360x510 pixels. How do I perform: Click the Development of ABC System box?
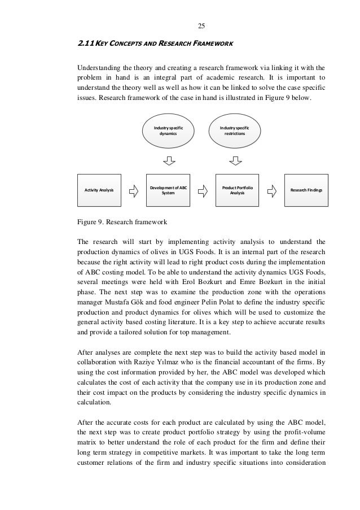coord(168,190)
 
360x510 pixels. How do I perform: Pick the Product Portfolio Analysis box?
coord(238,190)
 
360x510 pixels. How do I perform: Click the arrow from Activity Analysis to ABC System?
coord(134,190)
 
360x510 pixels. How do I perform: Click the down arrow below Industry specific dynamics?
coord(168,162)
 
